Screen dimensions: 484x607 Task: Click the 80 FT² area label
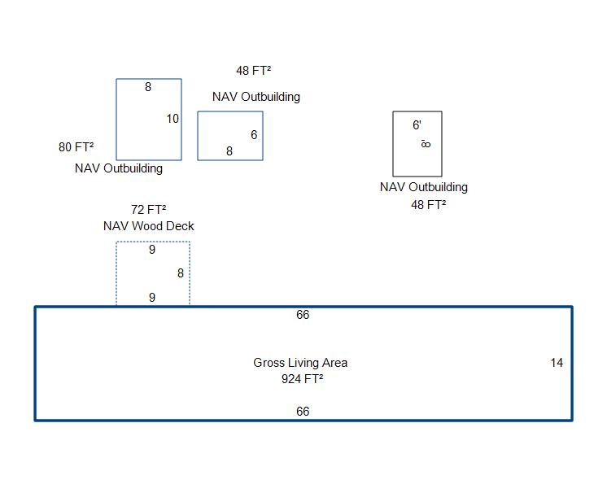pyautogui.click(x=76, y=147)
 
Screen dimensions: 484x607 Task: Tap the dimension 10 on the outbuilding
pyautogui.click(x=172, y=119)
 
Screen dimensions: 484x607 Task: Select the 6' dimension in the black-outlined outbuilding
pyautogui.click(x=417, y=125)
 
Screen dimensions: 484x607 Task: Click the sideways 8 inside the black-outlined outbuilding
pyautogui.click(x=426, y=144)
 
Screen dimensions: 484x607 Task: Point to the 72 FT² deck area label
pyautogui.click(x=148, y=209)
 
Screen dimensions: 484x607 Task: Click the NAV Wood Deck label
pyautogui.click(x=148, y=226)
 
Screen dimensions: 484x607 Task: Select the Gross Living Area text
pyautogui.click(x=300, y=363)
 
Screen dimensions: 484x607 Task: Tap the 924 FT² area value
pyautogui.click(x=302, y=379)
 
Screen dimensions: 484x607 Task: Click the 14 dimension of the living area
pyautogui.click(x=557, y=363)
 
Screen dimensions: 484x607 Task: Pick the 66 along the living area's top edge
pyautogui.click(x=303, y=315)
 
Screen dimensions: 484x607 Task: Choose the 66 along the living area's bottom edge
pyautogui.click(x=303, y=412)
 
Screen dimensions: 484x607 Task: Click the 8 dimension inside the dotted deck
pyautogui.click(x=181, y=273)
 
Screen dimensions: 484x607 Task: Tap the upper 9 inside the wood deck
pyautogui.click(x=152, y=250)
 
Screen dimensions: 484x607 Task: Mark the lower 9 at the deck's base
pyautogui.click(x=152, y=298)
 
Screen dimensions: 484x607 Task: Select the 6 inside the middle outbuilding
pyautogui.click(x=254, y=135)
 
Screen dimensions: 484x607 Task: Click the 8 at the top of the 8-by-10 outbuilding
pyautogui.click(x=148, y=87)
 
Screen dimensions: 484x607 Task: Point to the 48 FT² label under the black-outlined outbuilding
pyautogui.click(x=428, y=205)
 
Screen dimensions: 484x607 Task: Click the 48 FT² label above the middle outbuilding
pyautogui.click(x=254, y=71)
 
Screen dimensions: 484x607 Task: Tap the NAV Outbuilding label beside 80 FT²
pyautogui.click(x=119, y=168)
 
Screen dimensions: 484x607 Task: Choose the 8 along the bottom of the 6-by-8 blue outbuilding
pyautogui.click(x=229, y=151)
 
